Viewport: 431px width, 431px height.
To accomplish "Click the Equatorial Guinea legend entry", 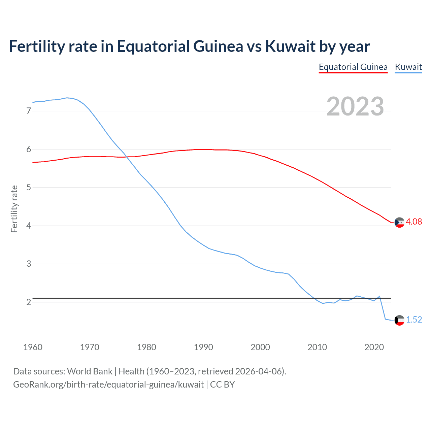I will pos(353,67).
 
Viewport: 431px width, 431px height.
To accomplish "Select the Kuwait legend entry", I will pos(408,67).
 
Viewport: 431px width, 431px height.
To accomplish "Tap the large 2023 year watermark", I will pos(355,106).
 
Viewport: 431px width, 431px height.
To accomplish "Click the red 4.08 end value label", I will pos(414,222).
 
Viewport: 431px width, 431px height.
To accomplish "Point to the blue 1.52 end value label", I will pos(414,320).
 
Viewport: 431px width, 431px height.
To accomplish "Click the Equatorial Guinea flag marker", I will pos(399,222).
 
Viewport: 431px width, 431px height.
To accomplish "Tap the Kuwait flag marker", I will pos(399,320).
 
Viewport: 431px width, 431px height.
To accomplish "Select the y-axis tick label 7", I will pos(29,111).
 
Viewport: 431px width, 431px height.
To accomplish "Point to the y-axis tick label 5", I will pos(29,187).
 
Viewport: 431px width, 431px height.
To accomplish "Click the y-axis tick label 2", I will pos(29,302).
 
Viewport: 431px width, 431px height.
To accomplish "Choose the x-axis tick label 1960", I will pos(33,347).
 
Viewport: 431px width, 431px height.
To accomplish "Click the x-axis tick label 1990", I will pos(203,347).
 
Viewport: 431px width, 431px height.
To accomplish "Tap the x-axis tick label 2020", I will pos(374,347).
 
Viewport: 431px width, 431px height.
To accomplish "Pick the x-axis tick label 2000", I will pos(260,347).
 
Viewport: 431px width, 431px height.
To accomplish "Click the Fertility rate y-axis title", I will pos(14,209).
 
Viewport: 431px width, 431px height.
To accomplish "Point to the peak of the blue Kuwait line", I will pos(67,98).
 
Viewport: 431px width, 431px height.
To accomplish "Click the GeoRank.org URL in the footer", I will pos(108,385).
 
